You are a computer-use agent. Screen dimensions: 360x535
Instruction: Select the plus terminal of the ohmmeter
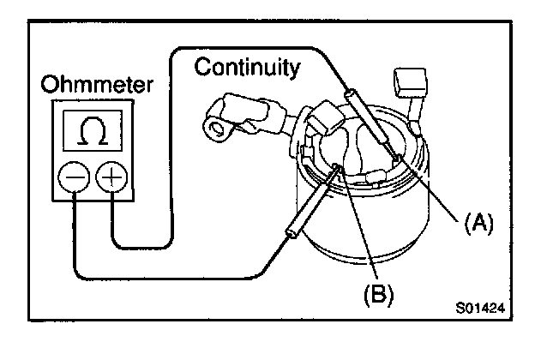coord(111,178)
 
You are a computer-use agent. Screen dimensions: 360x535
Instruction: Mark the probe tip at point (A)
coord(395,159)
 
